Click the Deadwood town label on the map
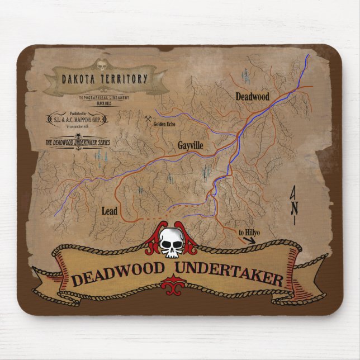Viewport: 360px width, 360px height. [x=252, y=97]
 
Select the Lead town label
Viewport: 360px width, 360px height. [x=110, y=211]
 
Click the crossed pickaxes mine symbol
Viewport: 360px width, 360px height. [x=148, y=119]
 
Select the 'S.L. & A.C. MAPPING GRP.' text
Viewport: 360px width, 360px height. [x=77, y=120]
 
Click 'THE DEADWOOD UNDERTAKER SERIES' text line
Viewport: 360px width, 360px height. [x=77, y=143]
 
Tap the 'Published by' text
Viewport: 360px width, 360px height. [x=78, y=113]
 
